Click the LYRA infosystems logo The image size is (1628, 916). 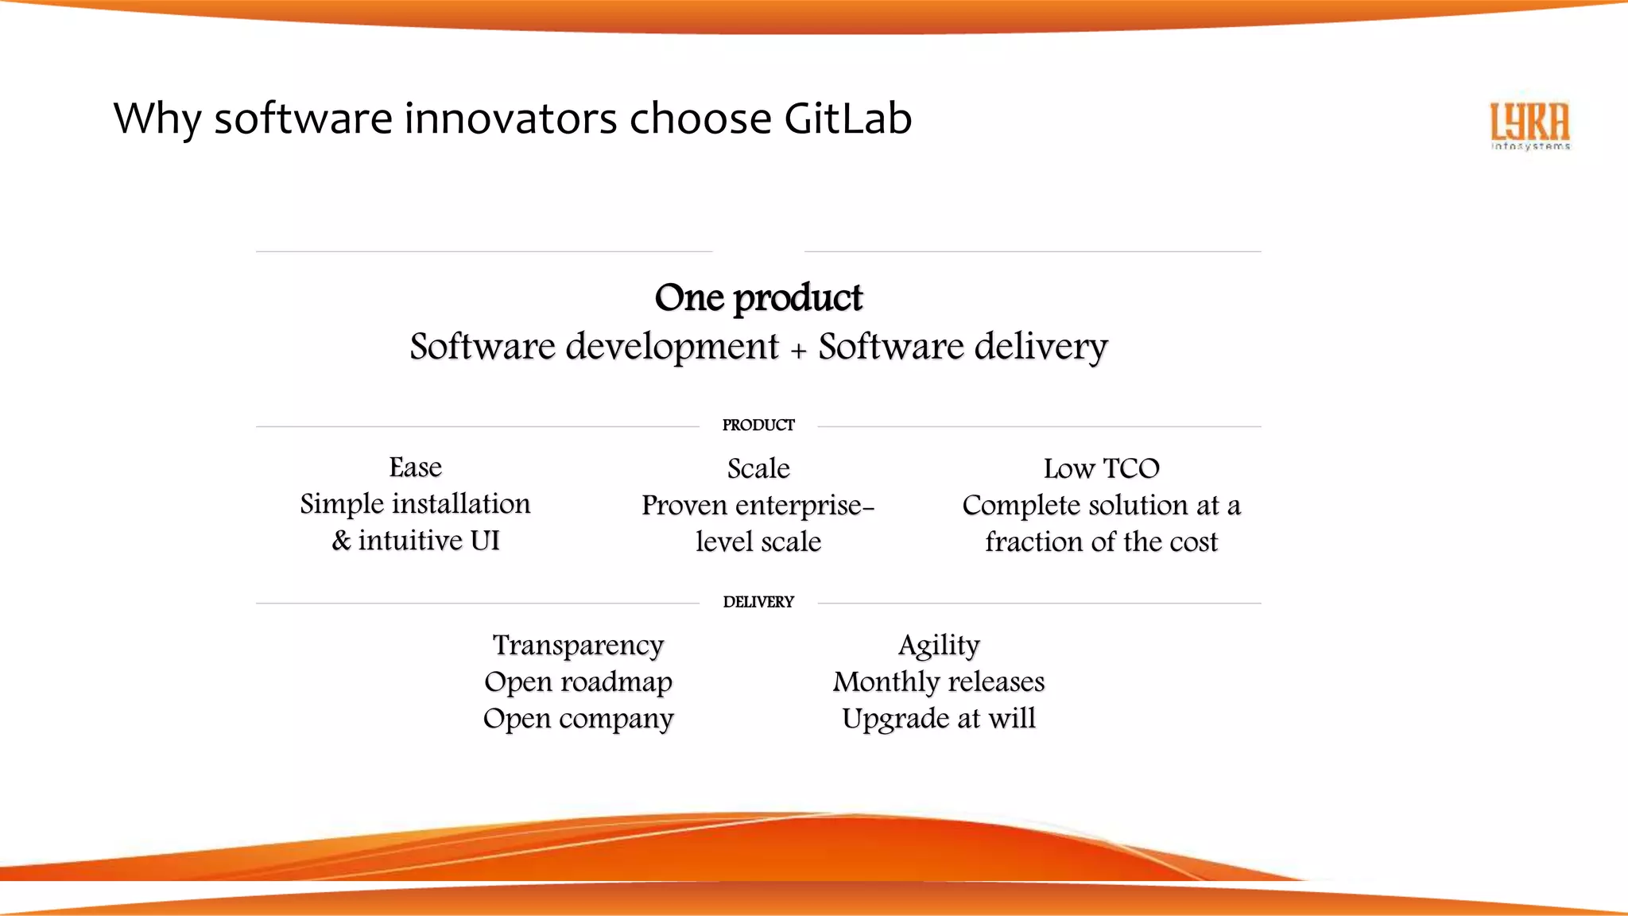pyautogui.click(x=1529, y=126)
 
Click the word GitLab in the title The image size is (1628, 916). pyautogui.click(x=847, y=118)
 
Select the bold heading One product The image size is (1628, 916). pyautogui.click(x=758, y=297)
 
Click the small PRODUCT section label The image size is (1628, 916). pyautogui.click(x=758, y=425)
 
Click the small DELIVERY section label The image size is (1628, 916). pyautogui.click(x=758, y=602)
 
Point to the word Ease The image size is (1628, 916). pyautogui.click(x=415, y=468)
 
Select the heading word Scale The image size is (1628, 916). pyautogui.click(x=758, y=468)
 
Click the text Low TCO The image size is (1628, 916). pyautogui.click(x=1101, y=468)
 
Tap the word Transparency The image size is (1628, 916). pyautogui.click(x=578, y=645)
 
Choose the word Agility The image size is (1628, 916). pyautogui.click(x=939, y=645)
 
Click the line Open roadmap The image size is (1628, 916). pyautogui.click(x=578, y=681)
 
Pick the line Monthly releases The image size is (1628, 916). pyautogui.click(x=939, y=681)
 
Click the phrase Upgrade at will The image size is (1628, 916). pyautogui.click(x=939, y=718)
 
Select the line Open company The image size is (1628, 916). pyautogui.click(x=578, y=718)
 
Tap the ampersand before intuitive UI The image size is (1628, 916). pyautogui.click(x=341, y=541)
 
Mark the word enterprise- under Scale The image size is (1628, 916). pyautogui.click(x=804, y=505)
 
